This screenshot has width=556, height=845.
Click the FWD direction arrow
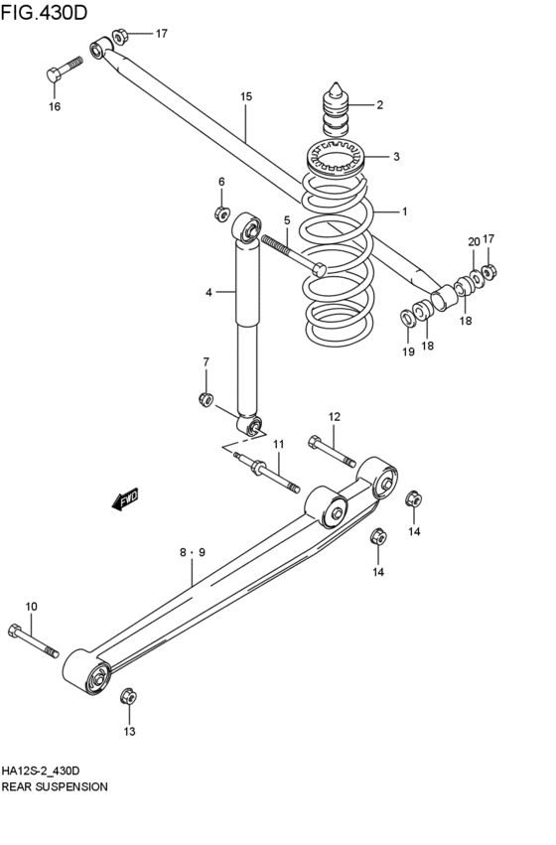click(125, 498)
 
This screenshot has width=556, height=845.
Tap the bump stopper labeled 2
click(336, 110)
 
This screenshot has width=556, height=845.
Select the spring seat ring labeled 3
click(336, 157)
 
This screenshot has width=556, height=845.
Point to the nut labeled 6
click(222, 213)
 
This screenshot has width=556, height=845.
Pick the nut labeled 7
click(206, 399)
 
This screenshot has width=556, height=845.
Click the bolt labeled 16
click(65, 69)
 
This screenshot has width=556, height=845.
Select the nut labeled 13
click(128, 696)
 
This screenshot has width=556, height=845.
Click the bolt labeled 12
click(332, 451)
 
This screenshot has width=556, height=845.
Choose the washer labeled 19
click(407, 318)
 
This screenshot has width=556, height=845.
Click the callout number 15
click(246, 97)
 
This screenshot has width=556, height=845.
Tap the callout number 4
click(208, 293)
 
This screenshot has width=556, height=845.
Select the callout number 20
click(474, 242)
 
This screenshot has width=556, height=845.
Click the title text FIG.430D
click(44, 12)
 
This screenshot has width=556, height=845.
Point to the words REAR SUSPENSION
click(55, 786)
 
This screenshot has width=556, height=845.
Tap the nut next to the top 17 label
click(120, 36)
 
